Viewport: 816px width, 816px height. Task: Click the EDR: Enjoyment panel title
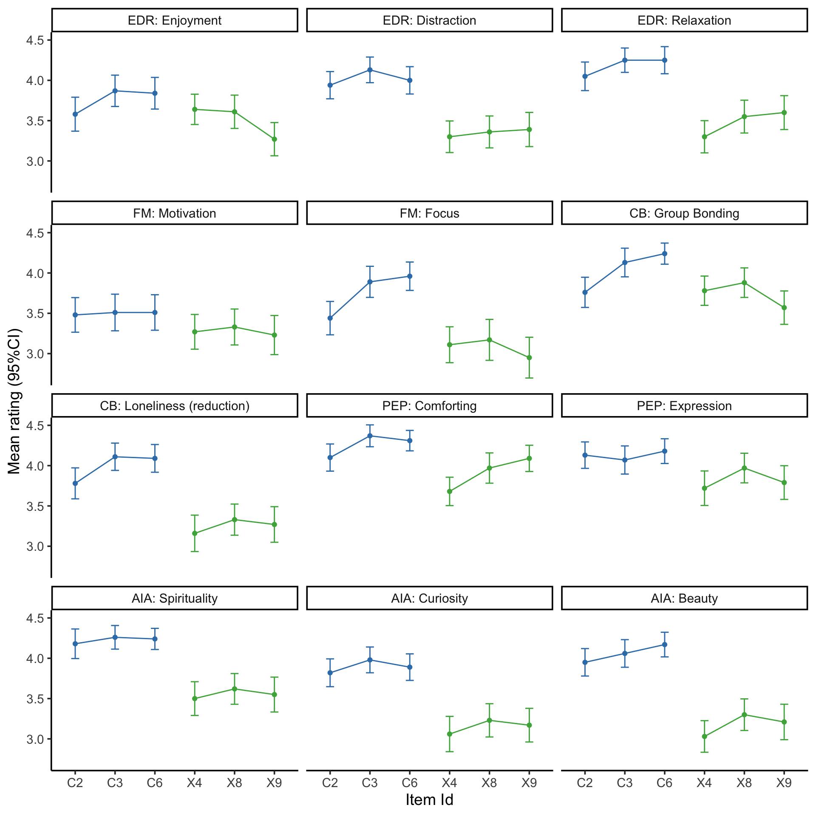click(x=175, y=20)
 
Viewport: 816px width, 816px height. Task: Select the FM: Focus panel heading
click(x=429, y=213)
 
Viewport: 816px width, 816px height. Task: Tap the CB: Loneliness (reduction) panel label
click(x=175, y=406)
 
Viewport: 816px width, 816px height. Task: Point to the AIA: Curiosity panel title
click(x=429, y=598)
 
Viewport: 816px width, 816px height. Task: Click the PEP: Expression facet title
click(x=684, y=406)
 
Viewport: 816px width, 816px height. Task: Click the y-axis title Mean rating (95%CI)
click(x=14, y=401)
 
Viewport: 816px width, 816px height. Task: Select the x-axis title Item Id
click(x=429, y=799)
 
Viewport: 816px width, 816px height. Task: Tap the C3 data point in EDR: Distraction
click(x=370, y=70)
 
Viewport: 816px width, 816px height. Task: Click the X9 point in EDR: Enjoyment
click(x=274, y=139)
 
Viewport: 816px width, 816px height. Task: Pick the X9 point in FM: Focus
click(x=529, y=357)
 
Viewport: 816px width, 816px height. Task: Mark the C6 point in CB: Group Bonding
click(x=665, y=254)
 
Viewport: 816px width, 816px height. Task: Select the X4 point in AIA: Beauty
click(x=704, y=737)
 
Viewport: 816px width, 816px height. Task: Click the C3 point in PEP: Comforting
click(x=370, y=436)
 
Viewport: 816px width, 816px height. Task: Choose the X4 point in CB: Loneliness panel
click(x=195, y=533)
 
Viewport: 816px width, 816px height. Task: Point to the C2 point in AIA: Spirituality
click(x=75, y=643)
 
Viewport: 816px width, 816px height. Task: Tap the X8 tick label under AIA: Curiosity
click(x=489, y=783)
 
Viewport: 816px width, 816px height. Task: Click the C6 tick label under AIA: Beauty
click(x=665, y=783)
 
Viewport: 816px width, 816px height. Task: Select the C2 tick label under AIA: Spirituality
click(x=75, y=783)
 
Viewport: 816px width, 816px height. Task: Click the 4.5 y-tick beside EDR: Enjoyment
click(x=35, y=40)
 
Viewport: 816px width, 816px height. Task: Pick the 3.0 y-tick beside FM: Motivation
click(x=35, y=354)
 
